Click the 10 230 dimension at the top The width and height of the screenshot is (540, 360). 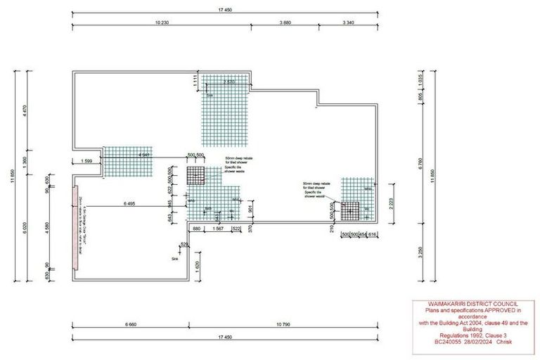[161, 22]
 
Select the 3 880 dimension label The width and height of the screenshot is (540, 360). [285, 22]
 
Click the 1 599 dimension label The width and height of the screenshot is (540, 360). [87, 161]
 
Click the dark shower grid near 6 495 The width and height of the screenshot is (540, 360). [195, 176]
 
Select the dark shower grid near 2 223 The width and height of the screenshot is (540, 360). [349, 209]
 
